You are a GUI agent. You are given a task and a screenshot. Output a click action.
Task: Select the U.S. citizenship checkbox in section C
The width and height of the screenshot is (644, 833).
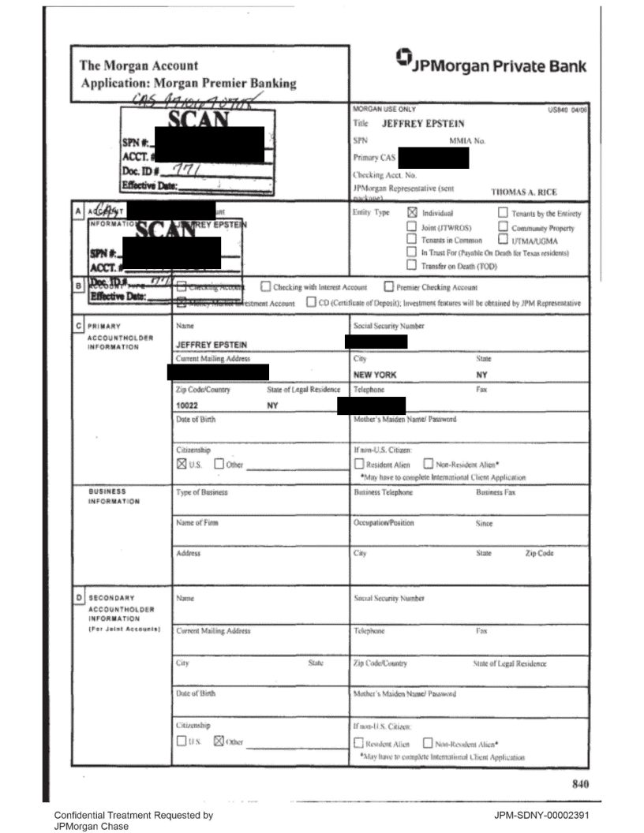(x=181, y=464)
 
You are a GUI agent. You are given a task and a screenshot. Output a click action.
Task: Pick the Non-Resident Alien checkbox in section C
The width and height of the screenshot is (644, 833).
(x=430, y=464)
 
